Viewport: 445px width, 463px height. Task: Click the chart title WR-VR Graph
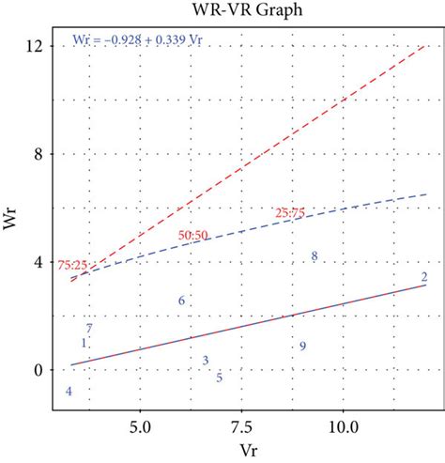(x=242, y=10)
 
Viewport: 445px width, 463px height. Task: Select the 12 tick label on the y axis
(x=35, y=45)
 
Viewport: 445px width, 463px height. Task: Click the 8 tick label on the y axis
(x=38, y=154)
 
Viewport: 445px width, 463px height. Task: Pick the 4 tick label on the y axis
(x=38, y=262)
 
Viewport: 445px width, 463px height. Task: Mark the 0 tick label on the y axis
(x=38, y=370)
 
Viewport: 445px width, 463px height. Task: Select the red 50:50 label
(x=193, y=233)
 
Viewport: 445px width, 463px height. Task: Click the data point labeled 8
(x=315, y=256)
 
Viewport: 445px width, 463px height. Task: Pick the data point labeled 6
(x=181, y=301)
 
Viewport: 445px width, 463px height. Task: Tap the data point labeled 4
(x=68, y=391)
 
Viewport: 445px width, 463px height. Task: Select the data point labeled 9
(x=303, y=347)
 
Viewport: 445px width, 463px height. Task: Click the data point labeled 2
(x=424, y=276)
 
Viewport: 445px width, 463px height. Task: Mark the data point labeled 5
(x=219, y=378)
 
